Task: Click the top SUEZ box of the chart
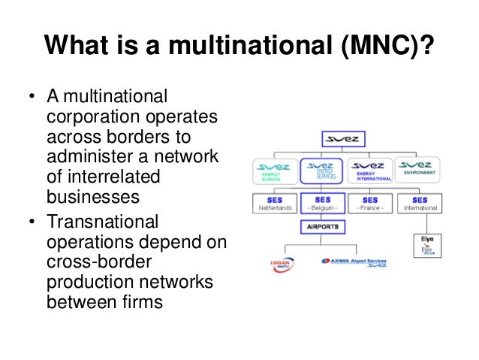click(x=345, y=139)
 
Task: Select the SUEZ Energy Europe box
click(x=276, y=171)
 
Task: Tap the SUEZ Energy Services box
click(x=323, y=171)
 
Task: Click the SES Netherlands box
click(x=276, y=204)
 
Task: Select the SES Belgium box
click(x=323, y=204)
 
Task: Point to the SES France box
click(x=370, y=204)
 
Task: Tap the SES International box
click(x=419, y=204)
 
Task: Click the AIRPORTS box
click(x=323, y=225)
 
